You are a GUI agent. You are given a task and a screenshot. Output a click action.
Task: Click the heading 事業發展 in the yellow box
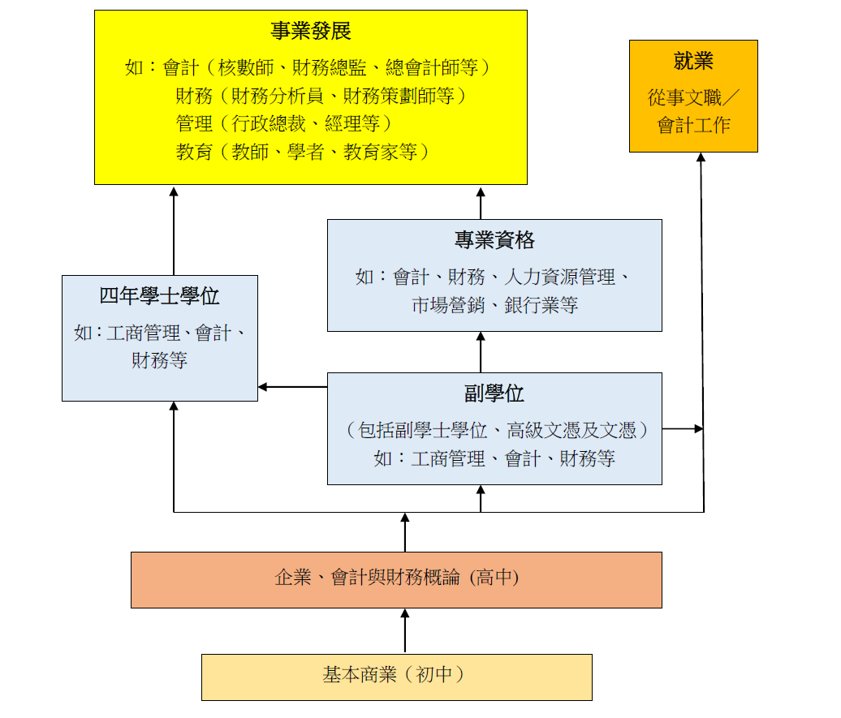coord(311,32)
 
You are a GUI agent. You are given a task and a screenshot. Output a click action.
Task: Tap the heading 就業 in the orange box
coord(693,62)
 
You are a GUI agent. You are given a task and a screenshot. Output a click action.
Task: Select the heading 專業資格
coord(494,240)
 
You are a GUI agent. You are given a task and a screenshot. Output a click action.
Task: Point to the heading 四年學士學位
coord(159,296)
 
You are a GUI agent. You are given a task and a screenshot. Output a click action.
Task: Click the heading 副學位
coord(494,394)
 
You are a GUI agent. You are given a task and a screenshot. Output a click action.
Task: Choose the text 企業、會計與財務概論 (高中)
coord(396,578)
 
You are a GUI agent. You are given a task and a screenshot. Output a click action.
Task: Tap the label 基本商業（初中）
coord(396,675)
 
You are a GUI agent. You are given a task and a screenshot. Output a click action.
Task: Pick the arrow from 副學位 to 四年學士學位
coord(292,387)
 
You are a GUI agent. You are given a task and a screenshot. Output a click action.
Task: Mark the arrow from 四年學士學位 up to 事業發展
coord(174,230)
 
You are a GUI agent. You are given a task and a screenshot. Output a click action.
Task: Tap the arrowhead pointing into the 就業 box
coord(701,157)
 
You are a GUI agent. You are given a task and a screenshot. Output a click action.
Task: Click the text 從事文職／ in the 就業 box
coord(693,99)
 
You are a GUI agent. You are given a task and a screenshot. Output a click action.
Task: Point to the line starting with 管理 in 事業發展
coord(284,123)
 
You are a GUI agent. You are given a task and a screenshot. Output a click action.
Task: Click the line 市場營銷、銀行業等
coord(494,306)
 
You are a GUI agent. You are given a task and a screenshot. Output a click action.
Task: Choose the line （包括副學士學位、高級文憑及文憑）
coord(494,430)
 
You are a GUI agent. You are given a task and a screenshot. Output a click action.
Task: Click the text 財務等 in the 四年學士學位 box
coord(159,360)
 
